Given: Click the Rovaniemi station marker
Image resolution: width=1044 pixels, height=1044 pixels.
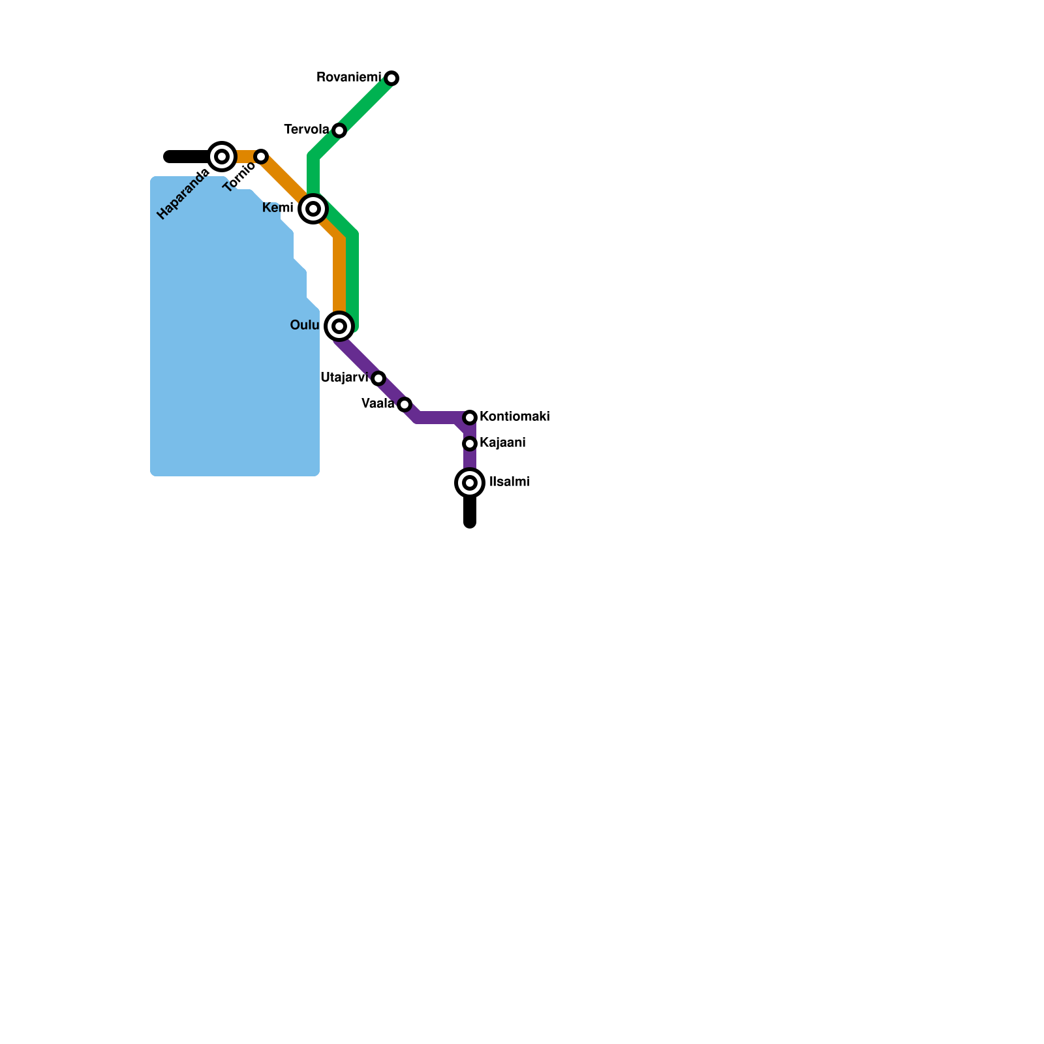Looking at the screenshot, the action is coord(391,78).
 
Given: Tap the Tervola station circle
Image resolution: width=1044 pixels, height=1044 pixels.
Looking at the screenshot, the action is coord(339,130).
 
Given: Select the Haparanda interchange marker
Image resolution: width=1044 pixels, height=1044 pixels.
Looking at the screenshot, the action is coord(222,157).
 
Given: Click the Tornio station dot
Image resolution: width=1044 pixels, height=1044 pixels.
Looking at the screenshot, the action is coord(261,157).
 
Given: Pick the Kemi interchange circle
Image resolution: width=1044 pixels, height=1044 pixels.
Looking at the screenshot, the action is coord(313,209).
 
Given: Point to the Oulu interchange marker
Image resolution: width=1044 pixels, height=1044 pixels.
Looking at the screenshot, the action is coord(339,326).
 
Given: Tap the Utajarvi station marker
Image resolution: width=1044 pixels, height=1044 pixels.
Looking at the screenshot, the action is coord(378,378).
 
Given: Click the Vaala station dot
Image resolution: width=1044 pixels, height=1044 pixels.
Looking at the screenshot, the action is coord(405,405).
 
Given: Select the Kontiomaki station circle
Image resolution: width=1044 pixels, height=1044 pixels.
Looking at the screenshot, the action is coord(470,418).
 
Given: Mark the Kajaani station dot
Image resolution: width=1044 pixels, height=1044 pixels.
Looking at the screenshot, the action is coord(470,444).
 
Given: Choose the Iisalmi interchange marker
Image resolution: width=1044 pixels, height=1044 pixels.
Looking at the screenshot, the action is coord(470,483).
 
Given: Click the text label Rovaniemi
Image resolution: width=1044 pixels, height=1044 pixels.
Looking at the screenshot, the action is coord(348,78).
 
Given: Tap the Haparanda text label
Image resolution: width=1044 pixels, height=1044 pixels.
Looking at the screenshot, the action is coord(183,194).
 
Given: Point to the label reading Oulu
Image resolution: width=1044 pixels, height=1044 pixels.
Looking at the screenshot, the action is coord(304,326).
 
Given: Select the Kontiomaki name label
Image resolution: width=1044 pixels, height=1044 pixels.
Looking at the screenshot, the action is coord(514,417).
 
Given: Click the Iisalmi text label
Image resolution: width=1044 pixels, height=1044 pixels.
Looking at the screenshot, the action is coord(509,482).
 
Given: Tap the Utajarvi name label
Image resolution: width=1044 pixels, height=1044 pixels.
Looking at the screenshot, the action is coord(345,378).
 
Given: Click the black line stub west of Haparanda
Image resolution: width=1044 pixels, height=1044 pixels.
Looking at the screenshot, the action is coord(186,157).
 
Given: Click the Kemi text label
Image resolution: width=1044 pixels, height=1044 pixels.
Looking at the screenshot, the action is coord(277,208).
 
